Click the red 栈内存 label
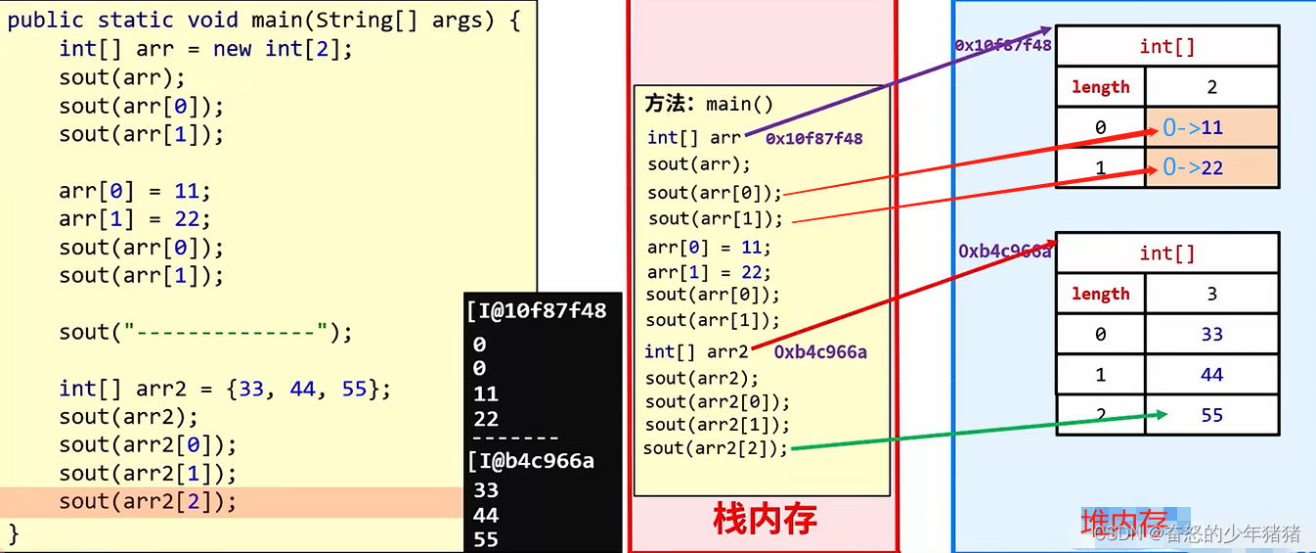(x=765, y=520)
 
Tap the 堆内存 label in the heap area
(x=1124, y=522)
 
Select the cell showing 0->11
(x=1211, y=127)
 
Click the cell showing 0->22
(x=1211, y=167)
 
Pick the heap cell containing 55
(x=1212, y=415)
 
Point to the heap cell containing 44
(x=1212, y=375)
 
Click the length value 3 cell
(x=1212, y=294)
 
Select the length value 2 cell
(x=1212, y=87)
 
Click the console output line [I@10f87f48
(x=537, y=311)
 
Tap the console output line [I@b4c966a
(x=531, y=460)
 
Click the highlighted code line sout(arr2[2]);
(x=148, y=502)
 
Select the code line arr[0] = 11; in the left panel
(x=134, y=191)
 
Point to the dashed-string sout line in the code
(x=204, y=333)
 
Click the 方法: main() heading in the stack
(x=709, y=104)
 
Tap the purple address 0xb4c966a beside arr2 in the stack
(x=820, y=352)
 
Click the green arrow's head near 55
(x=1162, y=415)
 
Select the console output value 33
(x=486, y=489)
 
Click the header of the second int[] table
(x=1167, y=253)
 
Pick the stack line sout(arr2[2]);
(x=715, y=448)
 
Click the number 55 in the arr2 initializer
(x=353, y=389)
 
